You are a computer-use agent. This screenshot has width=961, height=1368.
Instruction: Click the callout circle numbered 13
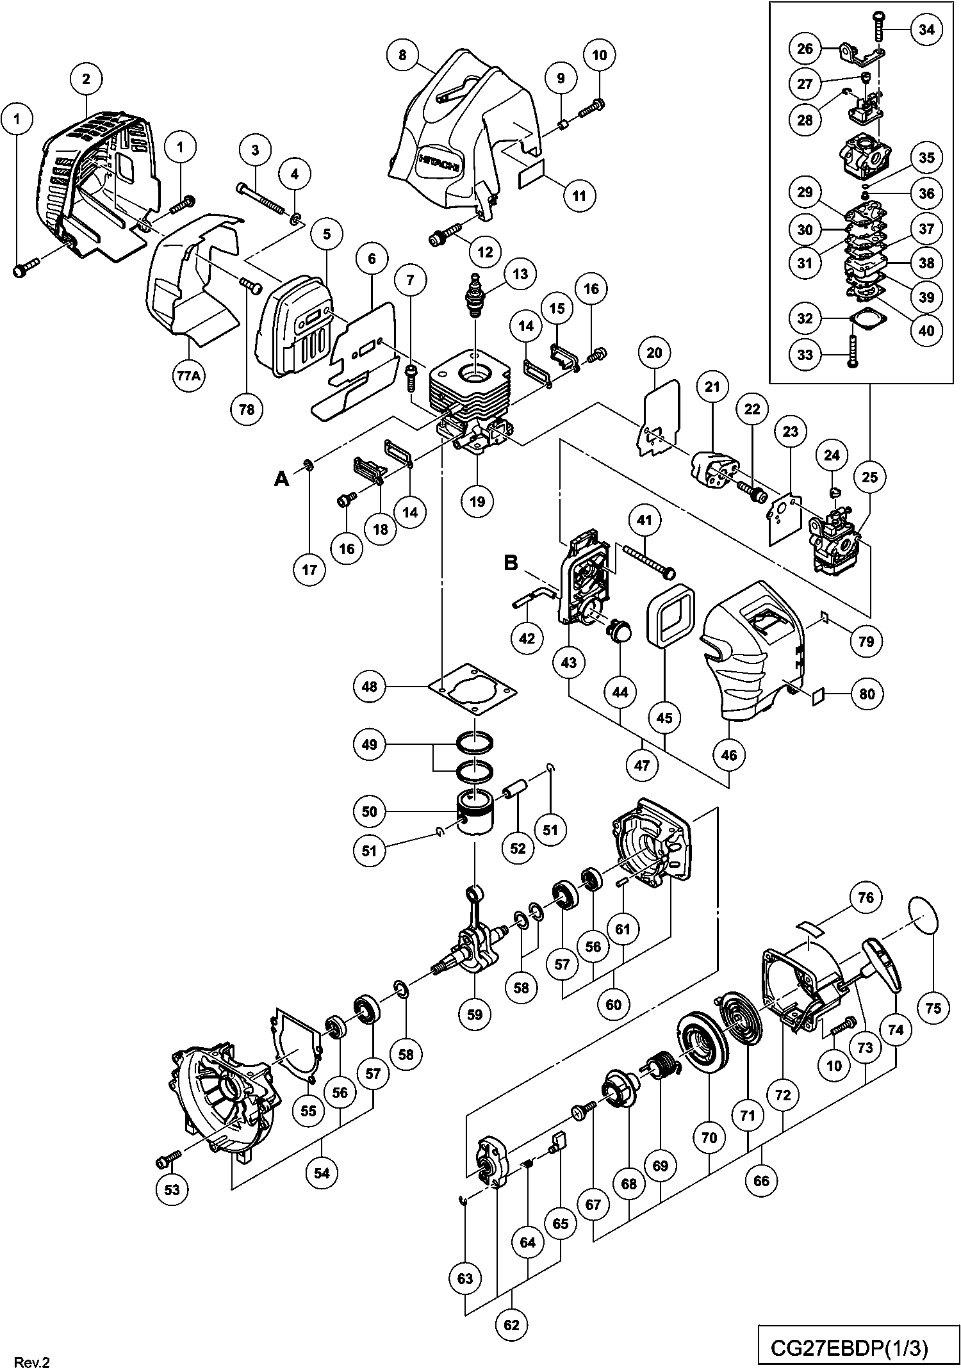[520, 273]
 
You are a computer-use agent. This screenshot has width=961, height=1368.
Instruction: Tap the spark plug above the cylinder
[475, 297]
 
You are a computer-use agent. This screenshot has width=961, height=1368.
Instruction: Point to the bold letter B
[511, 563]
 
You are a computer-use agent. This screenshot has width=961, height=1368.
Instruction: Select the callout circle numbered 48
[370, 687]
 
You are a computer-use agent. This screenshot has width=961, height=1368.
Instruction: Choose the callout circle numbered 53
[172, 1189]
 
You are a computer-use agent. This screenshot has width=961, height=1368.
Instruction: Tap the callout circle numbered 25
[870, 477]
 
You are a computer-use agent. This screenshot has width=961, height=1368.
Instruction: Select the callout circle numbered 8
[402, 55]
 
